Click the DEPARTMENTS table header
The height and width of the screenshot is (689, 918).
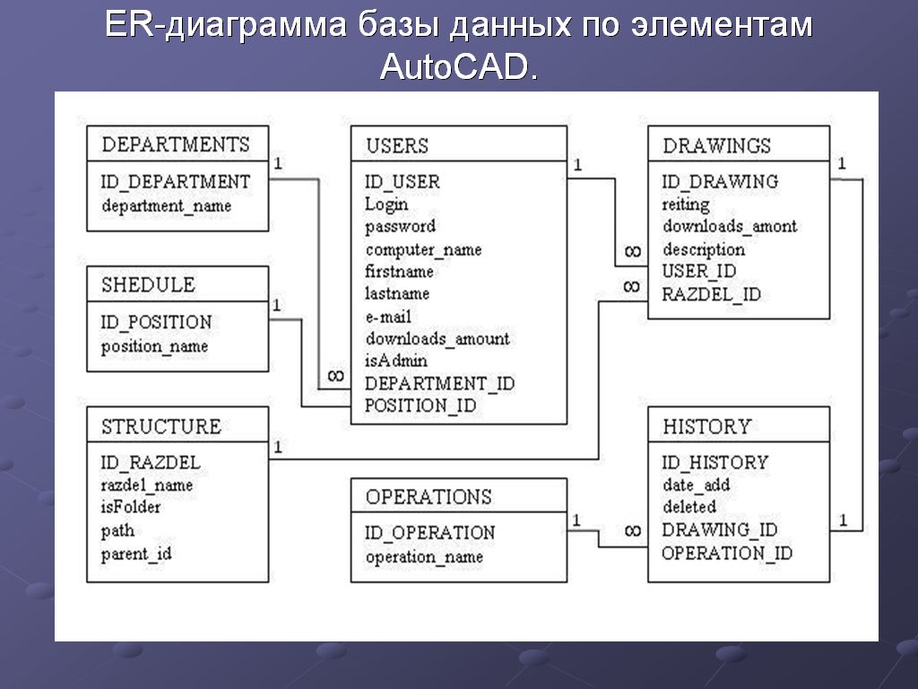tap(176, 144)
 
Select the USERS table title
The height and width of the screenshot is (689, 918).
tap(397, 145)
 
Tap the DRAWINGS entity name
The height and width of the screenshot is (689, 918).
tap(716, 145)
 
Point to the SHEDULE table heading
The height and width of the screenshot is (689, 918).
tap(148, 285)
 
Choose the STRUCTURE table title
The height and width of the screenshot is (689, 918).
tap(160, 426)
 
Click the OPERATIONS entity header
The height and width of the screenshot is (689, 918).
tap(429, 497)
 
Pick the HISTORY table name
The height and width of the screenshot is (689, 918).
tap(706, 426)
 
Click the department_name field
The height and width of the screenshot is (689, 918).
tap(166, 205)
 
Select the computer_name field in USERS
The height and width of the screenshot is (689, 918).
tap(423, 249)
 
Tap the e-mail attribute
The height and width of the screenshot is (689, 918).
tap(387, 317)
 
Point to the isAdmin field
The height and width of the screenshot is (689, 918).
tap(395, 361)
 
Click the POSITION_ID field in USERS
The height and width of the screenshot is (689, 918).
tap(420, 406)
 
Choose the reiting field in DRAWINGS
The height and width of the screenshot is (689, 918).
tap(685, 205)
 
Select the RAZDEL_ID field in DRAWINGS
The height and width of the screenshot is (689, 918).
tap(711, 293)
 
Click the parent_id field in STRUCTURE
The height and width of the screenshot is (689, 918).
tap(135, 554)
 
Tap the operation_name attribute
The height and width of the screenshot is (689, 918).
tap(423, 557)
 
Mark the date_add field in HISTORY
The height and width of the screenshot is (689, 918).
tap(696, 485)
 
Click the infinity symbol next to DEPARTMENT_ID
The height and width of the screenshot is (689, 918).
tap(335, 376)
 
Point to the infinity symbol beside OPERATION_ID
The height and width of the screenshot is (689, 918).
tap(632, 531)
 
